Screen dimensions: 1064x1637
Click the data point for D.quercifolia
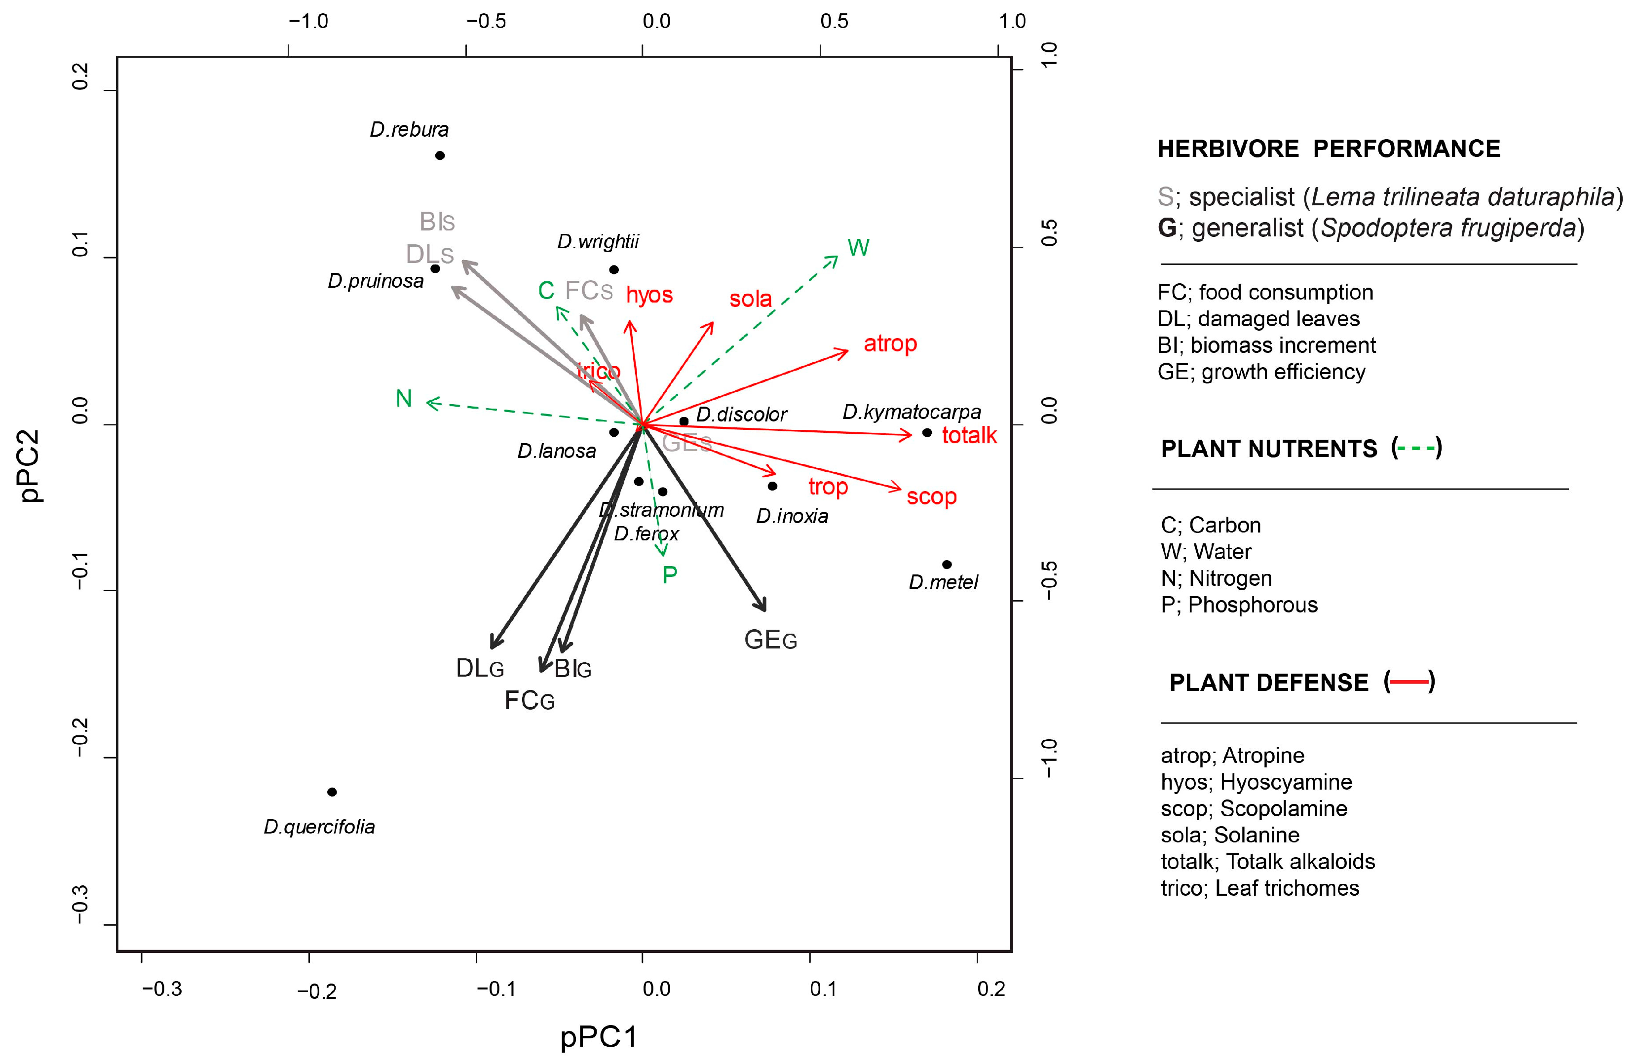pyautogui.click(x=332, y=792)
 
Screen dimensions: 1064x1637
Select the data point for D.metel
pyautogui.click(x=947, y=565)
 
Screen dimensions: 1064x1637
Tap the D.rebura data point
pyautogui.click(x=440, y=155)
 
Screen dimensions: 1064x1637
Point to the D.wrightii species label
pyautogui.click(x=598, y=241)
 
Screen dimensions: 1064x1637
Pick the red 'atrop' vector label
pyautogui.click(x=890, y=343)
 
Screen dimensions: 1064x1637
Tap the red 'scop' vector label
pyautogui.click(x=931, y=496)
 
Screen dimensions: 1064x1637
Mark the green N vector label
pyautogui.click(x=404, y=399)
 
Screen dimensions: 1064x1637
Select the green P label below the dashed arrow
pyautogui.click(x=669, y=575)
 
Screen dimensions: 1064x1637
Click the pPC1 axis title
pyautogui.click(x=599, y=1036)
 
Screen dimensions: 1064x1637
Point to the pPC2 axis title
pyautogui.click(x=30, y=466)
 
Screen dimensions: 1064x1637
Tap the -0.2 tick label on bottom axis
pyautogui.click(x=316, y=991)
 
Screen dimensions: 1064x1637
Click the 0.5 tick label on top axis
pyautogui.click(x=834, y=21)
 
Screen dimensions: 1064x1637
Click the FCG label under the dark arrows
pyautogui.click(x=529, y=701)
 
